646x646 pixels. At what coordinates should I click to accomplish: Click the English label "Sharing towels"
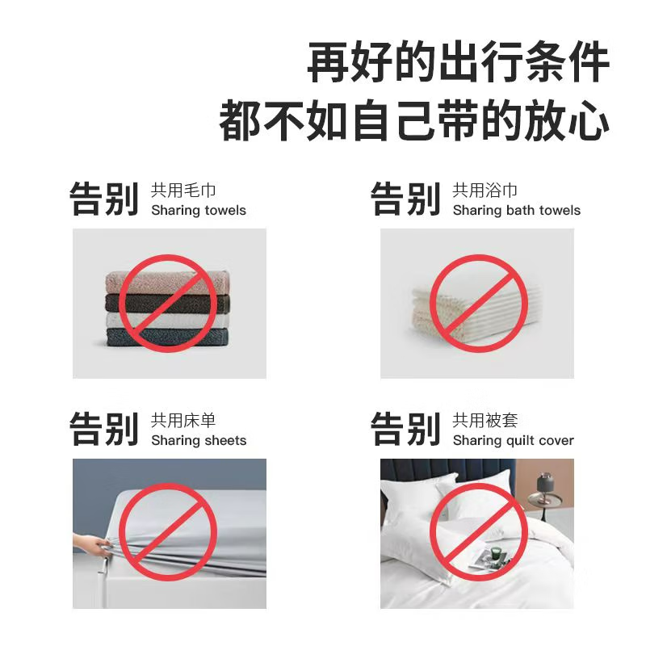tap(199, 211)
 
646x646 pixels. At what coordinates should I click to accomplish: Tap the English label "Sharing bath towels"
tap(516, 211)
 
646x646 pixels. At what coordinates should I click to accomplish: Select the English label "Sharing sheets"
tap(199, 441)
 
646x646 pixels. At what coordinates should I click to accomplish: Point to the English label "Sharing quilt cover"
tap(513, 441)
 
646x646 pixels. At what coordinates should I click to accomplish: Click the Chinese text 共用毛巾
tap(183, 191)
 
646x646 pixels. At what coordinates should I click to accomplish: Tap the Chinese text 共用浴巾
tap(484, 191)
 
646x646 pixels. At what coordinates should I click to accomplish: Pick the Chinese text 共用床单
tap(183, 421)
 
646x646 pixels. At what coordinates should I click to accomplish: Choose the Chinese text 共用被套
tap(484, 421)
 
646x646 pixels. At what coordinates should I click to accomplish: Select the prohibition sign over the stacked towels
tap(168, 304)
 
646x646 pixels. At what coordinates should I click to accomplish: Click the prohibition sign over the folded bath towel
tap(478, 304)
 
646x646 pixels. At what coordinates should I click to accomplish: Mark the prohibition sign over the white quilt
tap(478, 533)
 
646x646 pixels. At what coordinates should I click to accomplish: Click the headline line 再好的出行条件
tap(458, 63)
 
